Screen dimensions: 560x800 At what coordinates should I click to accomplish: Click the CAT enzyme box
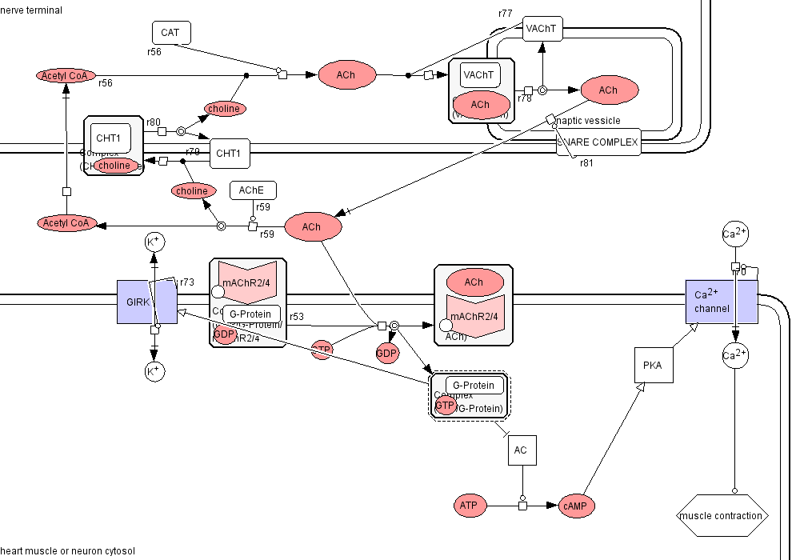pos(171,33)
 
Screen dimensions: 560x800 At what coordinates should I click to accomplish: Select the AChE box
pos(253,190)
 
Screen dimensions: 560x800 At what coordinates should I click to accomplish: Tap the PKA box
pos(652,366)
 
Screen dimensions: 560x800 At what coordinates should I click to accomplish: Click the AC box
pos(521,450)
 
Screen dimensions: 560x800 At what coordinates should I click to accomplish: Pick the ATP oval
pos(468,506)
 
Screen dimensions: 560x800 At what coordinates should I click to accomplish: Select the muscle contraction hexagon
pos(722,516)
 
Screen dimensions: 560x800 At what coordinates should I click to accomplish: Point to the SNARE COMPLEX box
pos(598,143)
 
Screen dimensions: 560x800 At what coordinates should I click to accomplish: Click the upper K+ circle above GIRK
pos(154,242)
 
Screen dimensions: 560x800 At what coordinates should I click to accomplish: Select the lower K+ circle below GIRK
pos(154,370)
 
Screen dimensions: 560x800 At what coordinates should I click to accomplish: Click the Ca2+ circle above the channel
pos(734,234)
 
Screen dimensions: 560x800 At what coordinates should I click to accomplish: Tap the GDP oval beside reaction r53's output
pos(387,354)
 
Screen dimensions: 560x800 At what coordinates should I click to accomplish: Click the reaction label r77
pos(505,14)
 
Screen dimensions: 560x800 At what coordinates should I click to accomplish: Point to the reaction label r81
pos(586,163)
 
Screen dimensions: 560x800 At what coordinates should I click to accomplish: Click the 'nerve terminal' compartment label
pos(31,10)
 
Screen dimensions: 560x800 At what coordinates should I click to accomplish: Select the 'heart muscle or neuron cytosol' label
pos(68,551)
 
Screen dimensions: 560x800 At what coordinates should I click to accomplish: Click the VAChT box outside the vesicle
pos(542,30)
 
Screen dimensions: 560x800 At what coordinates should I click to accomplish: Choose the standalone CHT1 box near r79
pos(230,153)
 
